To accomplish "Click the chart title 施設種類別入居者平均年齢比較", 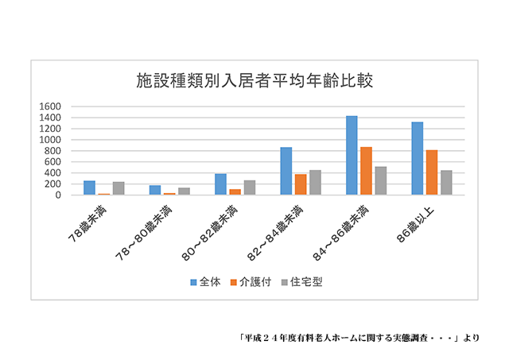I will (254, 81).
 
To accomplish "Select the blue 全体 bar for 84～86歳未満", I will (352, 156).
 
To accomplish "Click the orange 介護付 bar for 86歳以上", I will (431, 172).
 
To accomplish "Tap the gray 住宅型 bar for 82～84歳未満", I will (315, 183).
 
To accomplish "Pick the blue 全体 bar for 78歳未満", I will (89, 188).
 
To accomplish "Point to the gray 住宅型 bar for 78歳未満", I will (119, 188).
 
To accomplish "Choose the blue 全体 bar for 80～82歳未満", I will (220, 184).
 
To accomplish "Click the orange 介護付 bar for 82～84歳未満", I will (301, 184).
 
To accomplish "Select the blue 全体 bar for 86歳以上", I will (417, 158).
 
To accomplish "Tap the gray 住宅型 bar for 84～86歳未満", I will (380, 180).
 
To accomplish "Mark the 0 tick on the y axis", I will (58, 195).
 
